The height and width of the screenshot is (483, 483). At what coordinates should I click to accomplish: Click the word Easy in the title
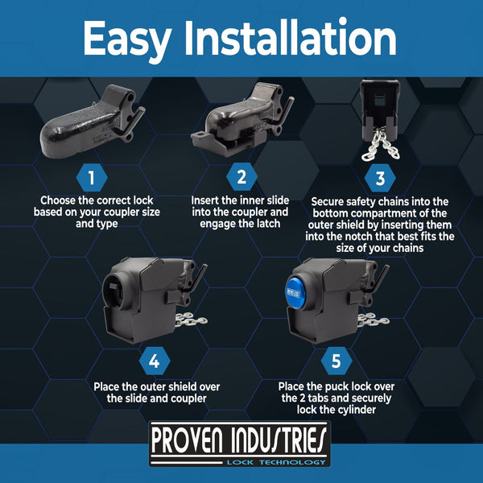coord(127,40)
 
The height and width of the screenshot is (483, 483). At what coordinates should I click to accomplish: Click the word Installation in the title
coord(290,37)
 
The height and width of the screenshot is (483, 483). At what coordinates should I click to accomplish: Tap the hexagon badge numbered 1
coord(92,178)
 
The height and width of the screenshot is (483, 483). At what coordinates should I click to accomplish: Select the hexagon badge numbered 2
coord(242,177)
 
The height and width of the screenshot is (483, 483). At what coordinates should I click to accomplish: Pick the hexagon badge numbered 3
coord(380,178)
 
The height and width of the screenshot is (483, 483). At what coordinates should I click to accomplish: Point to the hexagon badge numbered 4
coord(155,361)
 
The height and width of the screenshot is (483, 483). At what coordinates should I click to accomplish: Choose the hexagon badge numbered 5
coord(336,361)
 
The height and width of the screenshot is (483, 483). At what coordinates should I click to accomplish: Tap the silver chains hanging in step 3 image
coord(381,146)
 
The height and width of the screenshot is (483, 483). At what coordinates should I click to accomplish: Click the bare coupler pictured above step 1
coord(93,122)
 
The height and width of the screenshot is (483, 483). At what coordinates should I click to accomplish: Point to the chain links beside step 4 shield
coord(192,320)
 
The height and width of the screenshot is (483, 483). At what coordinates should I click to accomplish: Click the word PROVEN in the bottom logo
coord(187,440)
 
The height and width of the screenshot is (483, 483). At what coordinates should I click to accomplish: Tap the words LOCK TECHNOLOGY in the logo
coord(276,462)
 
